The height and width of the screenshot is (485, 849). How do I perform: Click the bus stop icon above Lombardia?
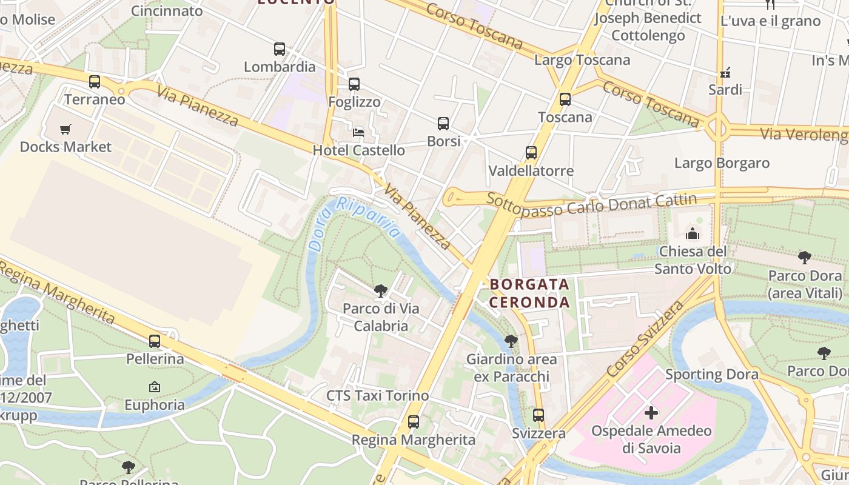[280, 49]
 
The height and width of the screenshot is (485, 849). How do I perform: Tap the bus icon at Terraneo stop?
[95, 82]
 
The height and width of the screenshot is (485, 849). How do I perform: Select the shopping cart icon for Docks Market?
[65, 129]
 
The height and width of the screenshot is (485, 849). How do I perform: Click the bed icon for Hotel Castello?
[358, 132]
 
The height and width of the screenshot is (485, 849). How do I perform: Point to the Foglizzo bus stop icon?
[354, 84]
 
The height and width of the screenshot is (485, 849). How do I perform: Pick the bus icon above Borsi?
[443, 124]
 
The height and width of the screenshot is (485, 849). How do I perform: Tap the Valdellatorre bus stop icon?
[531, 153]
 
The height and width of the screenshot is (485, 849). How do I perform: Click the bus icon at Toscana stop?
[565, 99]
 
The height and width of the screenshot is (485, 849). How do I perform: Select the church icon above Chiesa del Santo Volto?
[693, 233]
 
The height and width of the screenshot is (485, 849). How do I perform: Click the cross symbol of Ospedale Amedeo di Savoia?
[651, 413]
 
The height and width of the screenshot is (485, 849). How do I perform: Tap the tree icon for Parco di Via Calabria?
[381, 291]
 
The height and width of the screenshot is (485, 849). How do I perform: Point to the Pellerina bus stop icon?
[155, 341]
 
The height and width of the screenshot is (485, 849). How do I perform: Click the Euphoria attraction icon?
[155, 387]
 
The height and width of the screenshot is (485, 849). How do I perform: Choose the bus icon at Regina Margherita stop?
[414, 422]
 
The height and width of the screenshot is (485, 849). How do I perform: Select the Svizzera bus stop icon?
[539, 415]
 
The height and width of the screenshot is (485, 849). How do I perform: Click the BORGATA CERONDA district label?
[529, 293]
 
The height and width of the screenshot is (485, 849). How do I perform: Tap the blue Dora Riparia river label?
[355, 223]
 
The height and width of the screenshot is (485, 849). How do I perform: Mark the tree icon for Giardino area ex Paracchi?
[511, 341]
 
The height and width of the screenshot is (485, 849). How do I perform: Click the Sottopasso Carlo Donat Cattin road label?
[591, 204]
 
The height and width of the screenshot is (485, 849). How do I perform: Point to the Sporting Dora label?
[711, 374]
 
